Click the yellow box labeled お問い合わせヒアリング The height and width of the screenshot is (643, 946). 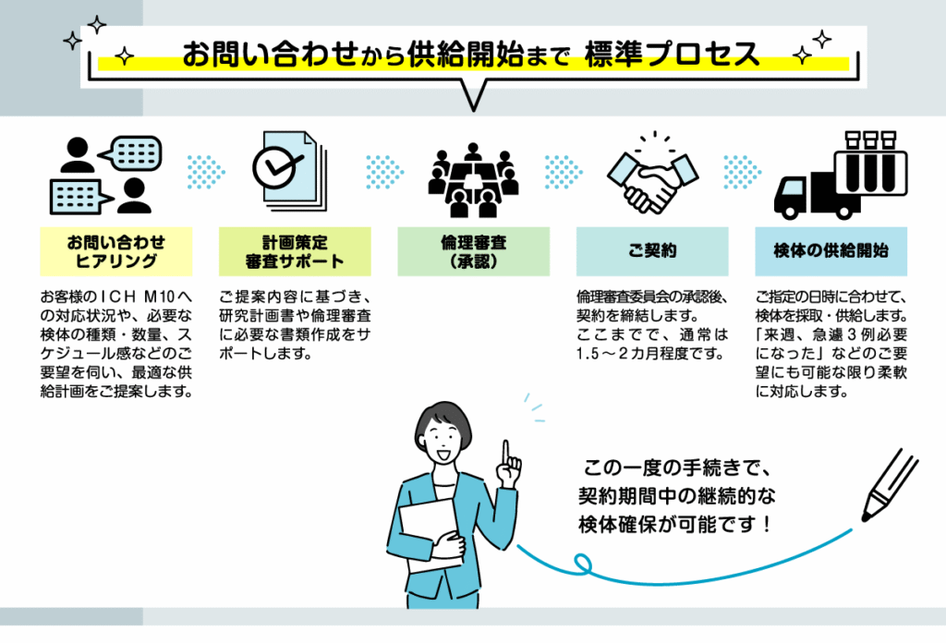[115, 251]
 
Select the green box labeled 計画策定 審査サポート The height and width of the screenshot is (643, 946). [295, 251]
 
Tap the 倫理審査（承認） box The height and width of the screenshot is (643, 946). [474, 251]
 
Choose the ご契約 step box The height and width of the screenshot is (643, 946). [652, 251]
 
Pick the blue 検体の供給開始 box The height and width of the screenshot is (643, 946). [831, 251]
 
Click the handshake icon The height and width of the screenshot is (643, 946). [652, 175]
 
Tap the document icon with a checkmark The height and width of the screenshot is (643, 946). [290, 171]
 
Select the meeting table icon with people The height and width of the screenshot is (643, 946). [474, 180]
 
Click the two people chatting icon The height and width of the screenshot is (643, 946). [106, 175]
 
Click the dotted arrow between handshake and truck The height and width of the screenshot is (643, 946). [742, 172]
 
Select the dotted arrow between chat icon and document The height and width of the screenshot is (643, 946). [206, 172]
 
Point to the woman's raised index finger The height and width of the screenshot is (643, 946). [506, 453]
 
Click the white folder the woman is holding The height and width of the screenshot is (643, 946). [431, 536]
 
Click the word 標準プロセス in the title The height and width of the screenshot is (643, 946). [673, 54]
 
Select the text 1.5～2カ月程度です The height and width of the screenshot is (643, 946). [649, 354]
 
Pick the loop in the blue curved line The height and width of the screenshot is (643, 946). [582, 564]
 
